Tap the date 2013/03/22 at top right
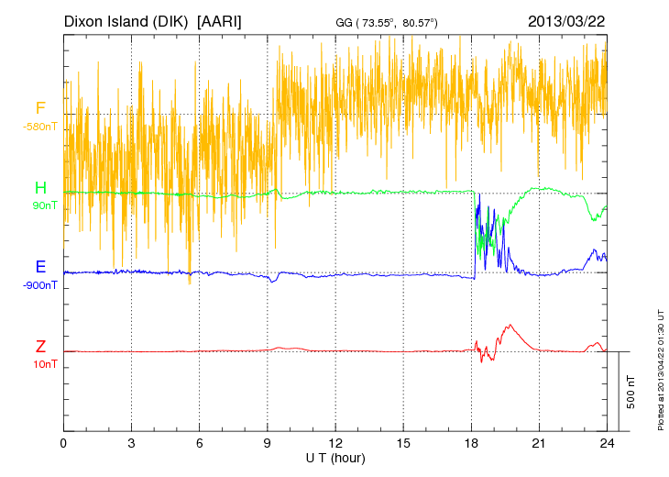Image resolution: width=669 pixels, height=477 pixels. coord(565,19)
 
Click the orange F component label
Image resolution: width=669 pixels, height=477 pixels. coord(40,108)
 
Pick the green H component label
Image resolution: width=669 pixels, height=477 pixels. coord(40,188)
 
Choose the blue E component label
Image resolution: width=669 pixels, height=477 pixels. coord(40,267)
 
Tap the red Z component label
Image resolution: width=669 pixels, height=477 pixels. coord(40,346)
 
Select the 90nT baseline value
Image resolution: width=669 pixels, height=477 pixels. coord(43,205)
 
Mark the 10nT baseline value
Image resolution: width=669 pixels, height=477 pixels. coord(43,364)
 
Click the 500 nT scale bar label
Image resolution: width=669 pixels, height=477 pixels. coord(631,392)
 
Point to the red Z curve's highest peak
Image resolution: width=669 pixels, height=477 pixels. coord(510,325)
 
